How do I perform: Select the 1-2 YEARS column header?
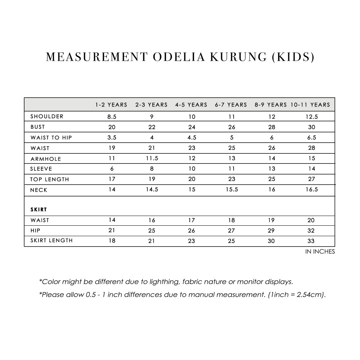(111, 105)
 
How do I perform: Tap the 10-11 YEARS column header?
(310, 105)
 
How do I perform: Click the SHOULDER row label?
(47, 116)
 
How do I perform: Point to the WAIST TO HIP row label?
(51, 138)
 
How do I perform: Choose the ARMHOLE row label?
(46, 159)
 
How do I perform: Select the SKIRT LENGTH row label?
(51, 240)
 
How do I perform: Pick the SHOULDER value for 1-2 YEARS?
(112, 117)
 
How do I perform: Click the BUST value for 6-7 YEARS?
(231, 127)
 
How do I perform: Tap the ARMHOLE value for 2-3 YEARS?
(152, 158)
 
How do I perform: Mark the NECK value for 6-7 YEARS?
(231, 190)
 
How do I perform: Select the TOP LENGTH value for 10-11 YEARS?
(311, 179)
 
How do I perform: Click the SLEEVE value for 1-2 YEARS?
(112, 169)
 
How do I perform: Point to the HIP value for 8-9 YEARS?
(271, 230)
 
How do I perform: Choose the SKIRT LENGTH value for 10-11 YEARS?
(311, 241)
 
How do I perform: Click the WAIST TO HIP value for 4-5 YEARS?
(192, 138)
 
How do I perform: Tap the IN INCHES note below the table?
(320, 252)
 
